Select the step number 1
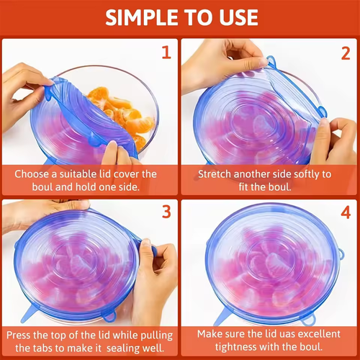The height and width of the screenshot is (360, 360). [165, 52]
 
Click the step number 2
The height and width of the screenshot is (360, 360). [344, 52]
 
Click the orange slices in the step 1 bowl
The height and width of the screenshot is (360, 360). [119, 112]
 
